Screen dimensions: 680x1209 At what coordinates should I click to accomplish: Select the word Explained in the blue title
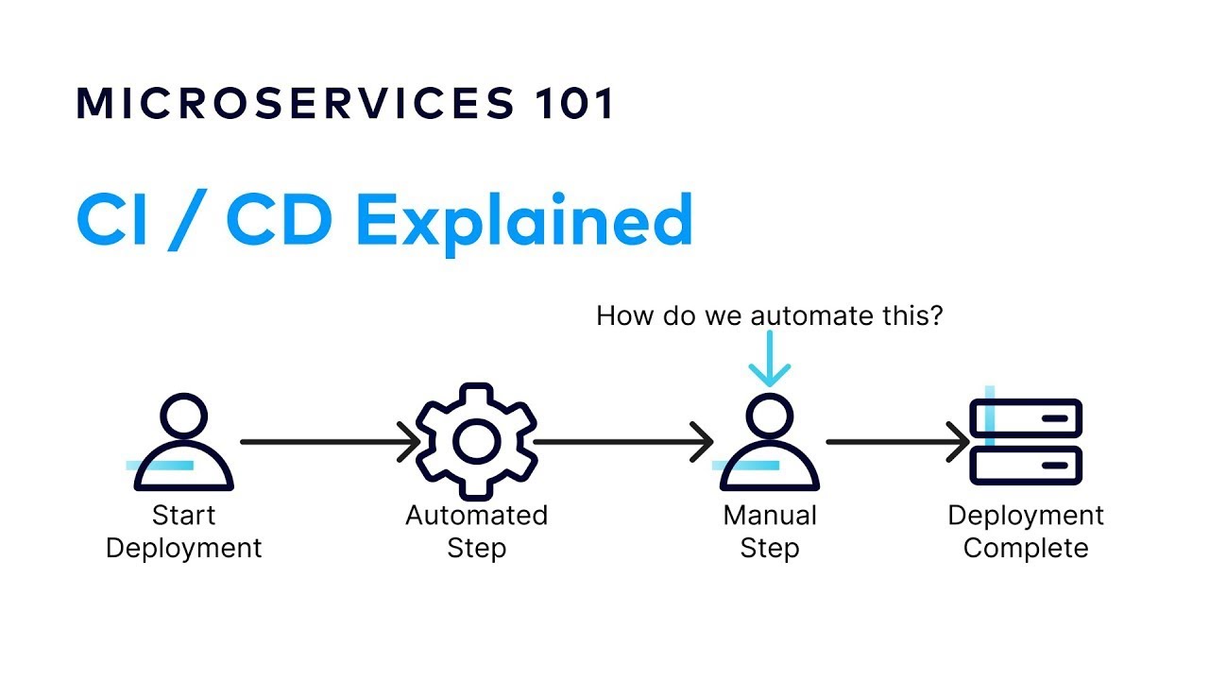(x=524, y=221)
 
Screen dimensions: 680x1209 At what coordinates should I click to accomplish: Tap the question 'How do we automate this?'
(x=770, y=315)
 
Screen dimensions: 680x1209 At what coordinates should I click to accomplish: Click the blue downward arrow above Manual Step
(x=770, y=363)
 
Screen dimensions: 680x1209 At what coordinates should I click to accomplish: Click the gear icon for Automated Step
(x=477, y=441)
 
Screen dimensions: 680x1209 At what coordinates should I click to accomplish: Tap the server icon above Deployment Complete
(x=1026, y=441)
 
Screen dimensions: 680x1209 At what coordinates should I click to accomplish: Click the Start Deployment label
(x=183, y=532)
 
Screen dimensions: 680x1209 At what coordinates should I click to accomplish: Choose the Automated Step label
(x=477, y=532)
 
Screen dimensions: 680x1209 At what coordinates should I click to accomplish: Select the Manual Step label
(x=770, y=532)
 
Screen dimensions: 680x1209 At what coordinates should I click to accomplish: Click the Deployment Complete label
(x=1026, y=532)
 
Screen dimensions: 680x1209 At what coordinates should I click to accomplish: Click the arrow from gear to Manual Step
(x=623, y=441)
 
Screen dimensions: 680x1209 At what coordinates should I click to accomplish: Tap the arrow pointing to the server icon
(x=897, y=441)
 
